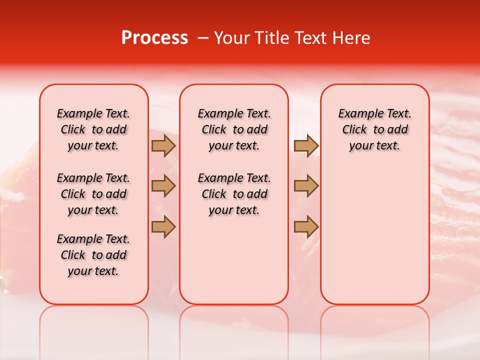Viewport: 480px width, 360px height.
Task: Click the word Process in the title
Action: [154, 38]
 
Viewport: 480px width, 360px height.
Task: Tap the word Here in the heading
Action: [352, 38]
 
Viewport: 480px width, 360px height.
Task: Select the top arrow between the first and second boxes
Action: [163, 145]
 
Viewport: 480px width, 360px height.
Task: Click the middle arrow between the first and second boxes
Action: [163, 186]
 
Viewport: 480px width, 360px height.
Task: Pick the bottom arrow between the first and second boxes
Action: [163, 226]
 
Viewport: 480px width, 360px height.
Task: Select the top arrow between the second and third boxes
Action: [306, 145]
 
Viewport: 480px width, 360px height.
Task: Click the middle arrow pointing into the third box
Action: [306, 186]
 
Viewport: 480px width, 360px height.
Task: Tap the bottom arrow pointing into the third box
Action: [306, 226]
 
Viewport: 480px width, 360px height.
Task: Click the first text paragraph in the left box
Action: [93, 129]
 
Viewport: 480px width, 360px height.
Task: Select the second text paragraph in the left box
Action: [93, 194]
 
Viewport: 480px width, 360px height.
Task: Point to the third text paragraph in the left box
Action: [93, 255]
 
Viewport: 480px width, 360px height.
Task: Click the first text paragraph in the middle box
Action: [234, 129]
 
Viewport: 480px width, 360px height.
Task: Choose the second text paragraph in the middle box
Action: [234, 194]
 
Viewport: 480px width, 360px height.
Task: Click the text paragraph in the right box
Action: [374, 129]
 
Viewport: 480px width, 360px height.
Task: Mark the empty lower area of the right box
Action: [374, 235]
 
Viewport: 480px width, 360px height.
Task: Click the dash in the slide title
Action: [203, 38]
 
